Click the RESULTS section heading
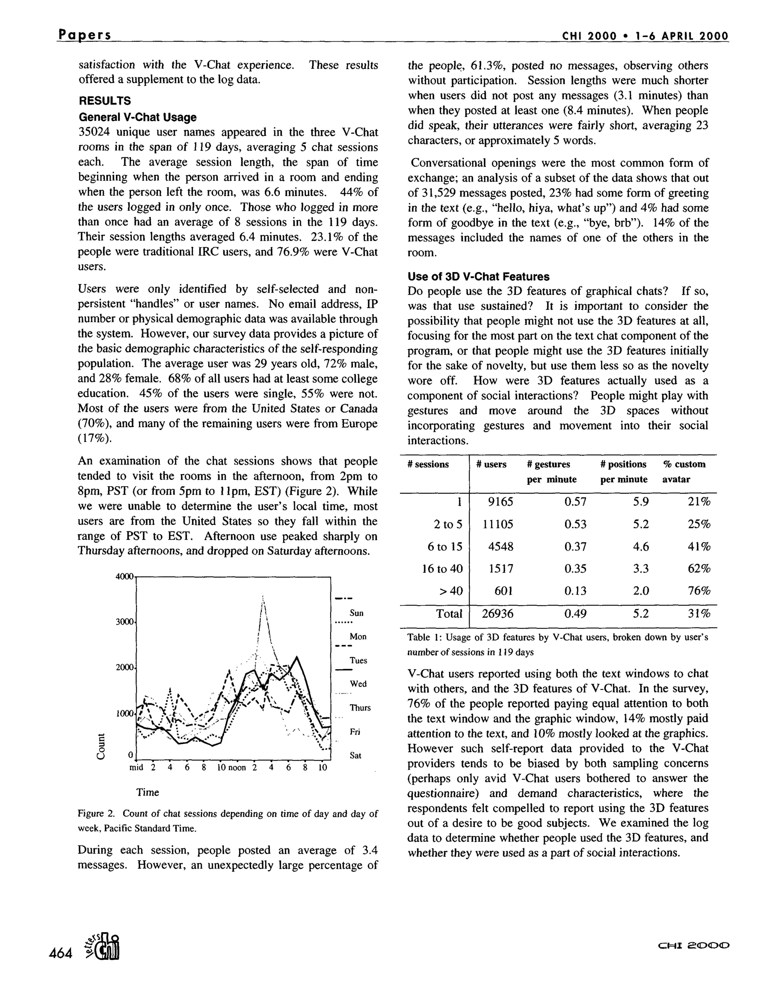pos(104,101)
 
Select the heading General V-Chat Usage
pos(138,117)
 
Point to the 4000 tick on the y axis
pos(125,576)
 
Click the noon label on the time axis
pos(238,768)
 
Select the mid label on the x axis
pos(136,768)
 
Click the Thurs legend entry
pos(360,708)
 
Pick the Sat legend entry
pos(356,755)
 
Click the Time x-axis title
pos(148,792)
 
